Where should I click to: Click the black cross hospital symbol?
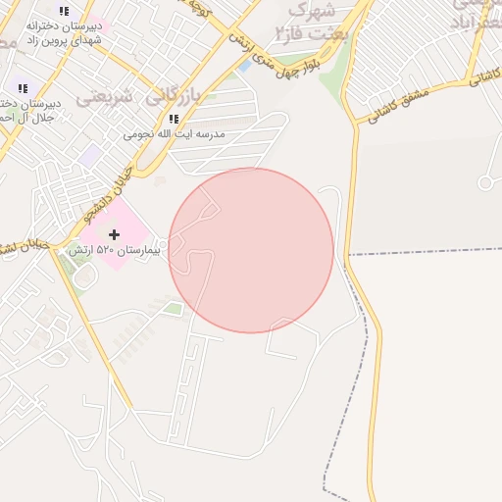115,234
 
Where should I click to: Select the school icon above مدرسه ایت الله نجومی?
174,119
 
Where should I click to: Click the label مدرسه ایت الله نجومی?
174,133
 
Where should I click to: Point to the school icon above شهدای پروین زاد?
64,11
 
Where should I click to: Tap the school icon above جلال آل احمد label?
22,88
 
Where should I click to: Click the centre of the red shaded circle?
251,250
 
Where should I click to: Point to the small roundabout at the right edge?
484,182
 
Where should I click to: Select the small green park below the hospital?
173,310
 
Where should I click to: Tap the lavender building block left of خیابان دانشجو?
90,155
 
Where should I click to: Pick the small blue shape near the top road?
243,67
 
